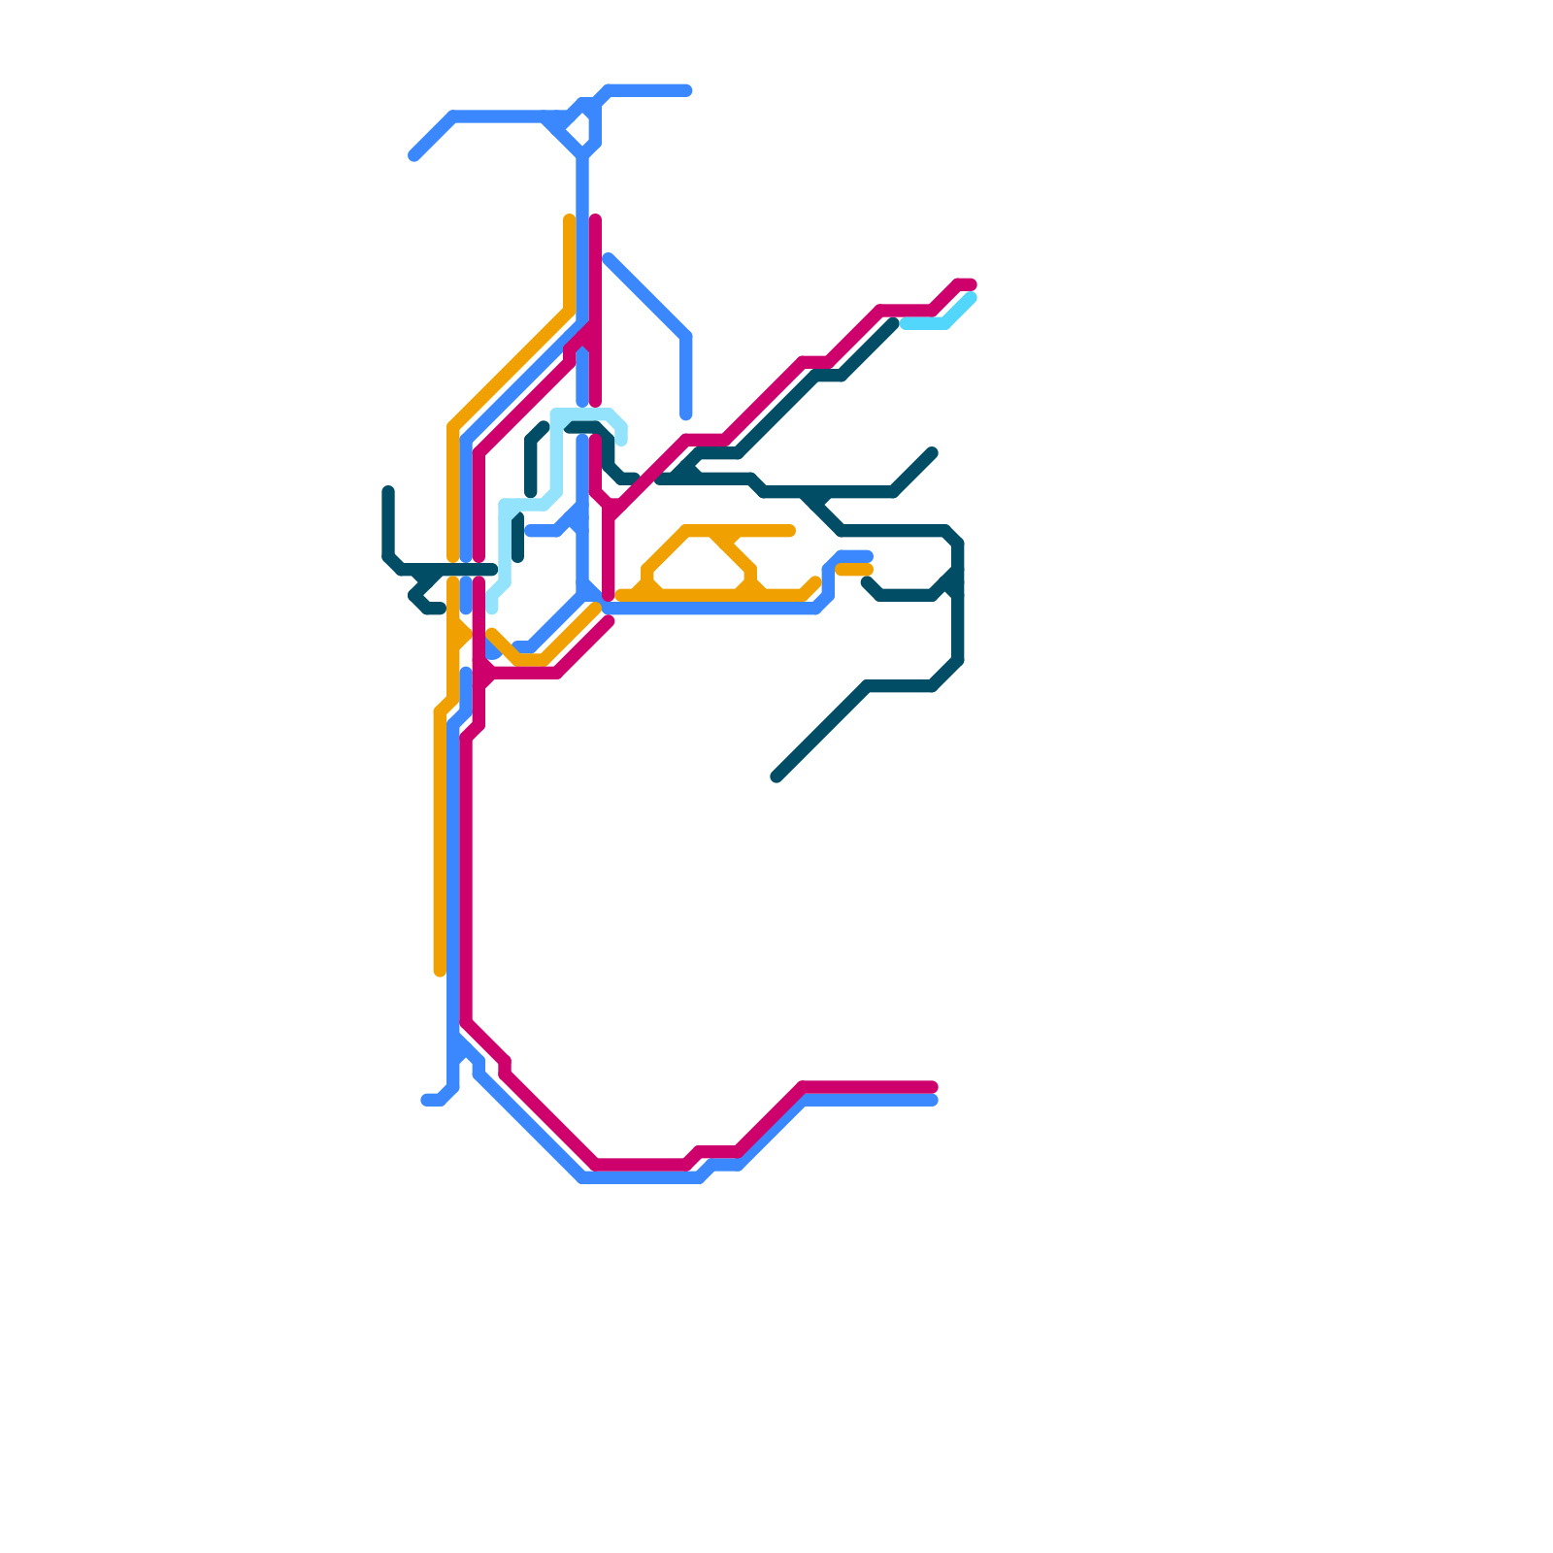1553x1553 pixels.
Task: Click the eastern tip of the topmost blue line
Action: pyautogui.click(x=687, y=90)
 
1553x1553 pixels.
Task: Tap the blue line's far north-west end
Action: pyautogui.click(x=414, y=155)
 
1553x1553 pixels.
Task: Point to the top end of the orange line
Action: pyautogui.click(x=569, y=220)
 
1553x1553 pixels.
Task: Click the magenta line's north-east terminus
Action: pyautogui.click(x=971, y=284)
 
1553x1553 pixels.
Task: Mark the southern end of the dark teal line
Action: pyautogui.click(x=777, y=776)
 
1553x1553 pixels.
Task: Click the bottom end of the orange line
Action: pyautogui.click(x=440, y=970)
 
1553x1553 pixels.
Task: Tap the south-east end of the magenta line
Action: pyautogui.click(x=933, y=1086)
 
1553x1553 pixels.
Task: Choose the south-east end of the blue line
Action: pyautogui.click(x=933, y=1101)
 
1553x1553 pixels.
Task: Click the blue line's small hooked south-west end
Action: pyautogui.click(x=427, y=1100)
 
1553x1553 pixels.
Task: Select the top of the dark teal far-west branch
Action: pyautogui.click(x=388, y=491)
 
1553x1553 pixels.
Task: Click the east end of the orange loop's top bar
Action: pyautogui.click(x=791, y=531)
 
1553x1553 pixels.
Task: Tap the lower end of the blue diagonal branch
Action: pyautogui.click(x=686, y=415)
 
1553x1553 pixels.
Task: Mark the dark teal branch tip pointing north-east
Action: pyautogui.click(x=933, y=452)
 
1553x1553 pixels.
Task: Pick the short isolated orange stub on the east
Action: pyautogui.click(x=854, y=570)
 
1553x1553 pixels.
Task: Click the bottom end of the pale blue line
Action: pyautogui.click(x=493, y=609)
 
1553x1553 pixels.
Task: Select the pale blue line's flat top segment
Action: pyautogui.click(x=582, y=414)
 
